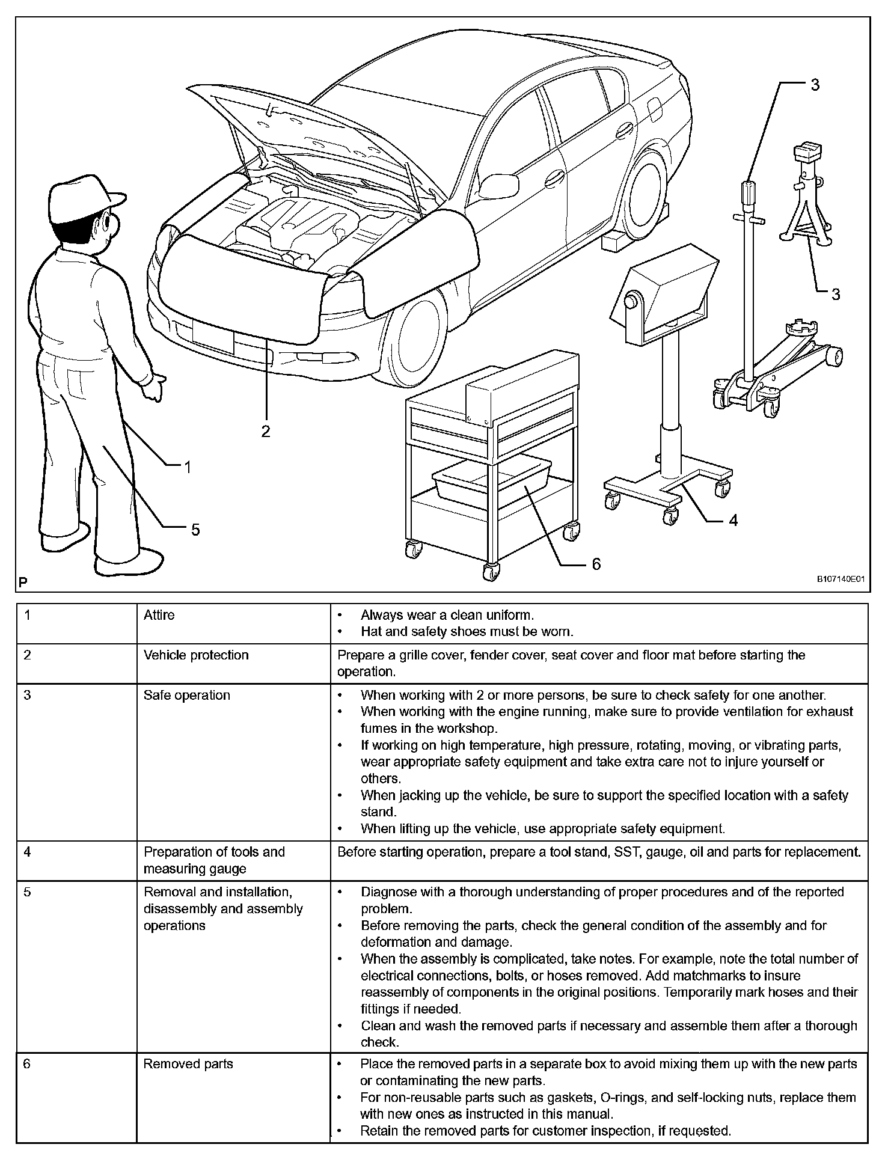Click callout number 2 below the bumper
click(265, 431)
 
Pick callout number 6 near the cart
click(596, 564)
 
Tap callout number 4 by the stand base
click(733, 520)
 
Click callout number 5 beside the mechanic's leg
click(195, 530)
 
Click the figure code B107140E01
click(840, 580)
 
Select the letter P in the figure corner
click(23, 582)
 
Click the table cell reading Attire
click(159, 615)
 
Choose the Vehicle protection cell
click(196, 655)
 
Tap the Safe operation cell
click(187, 695)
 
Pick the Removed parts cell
click(188, 1064)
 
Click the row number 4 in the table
click(27, 852)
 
